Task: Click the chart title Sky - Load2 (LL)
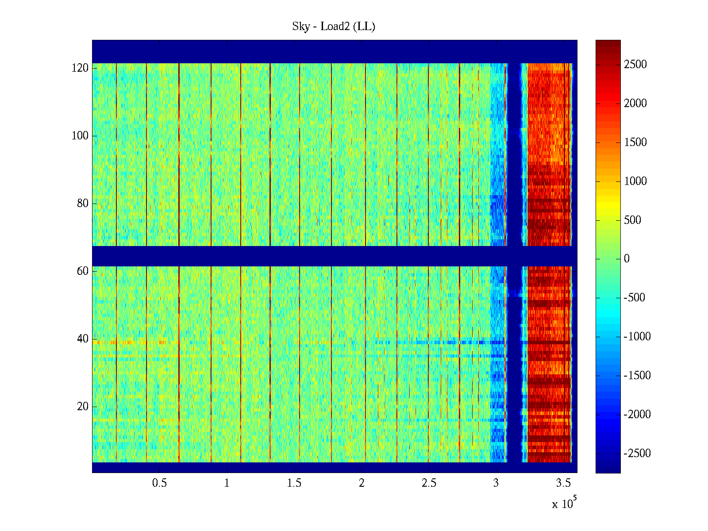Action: click(x=334, y=27)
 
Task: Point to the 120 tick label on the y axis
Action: click(x=80, y=68)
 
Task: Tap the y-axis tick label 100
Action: click(x=80, y=136)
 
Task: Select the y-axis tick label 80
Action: click(x=83, y=204)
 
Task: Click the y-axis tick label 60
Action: click(x=83, y=271)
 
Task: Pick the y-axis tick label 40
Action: click(x=83, y=339)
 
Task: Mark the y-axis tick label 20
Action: click(x=83, y=407)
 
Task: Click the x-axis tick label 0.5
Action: click(x=159, y=483)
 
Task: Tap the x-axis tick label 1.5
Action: click(x=294, y=483)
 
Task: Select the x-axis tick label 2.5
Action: click(x=429, y=483)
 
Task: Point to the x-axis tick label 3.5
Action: click(x=563, y=483)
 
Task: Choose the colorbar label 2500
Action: click(x=635, y=65)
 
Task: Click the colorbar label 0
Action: click(x=627, y=259)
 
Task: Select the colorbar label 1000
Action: click(x=635, y=181)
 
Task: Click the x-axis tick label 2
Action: click(x=362, y=483)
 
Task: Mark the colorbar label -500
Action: click(x=635, y=298)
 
